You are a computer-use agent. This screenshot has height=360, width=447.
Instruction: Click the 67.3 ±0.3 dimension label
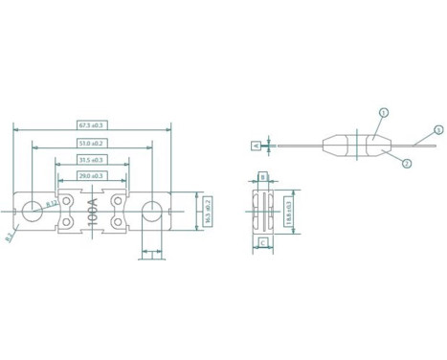tap(92, 125)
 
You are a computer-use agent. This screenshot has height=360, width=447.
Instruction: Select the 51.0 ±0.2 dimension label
tap(92, 143)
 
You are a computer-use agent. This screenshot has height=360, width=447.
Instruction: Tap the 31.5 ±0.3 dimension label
tap(92, 160)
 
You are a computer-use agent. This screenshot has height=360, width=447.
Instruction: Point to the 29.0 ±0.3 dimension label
tap(92, 177)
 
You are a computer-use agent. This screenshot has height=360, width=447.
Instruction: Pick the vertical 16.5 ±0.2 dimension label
tap(207, 211)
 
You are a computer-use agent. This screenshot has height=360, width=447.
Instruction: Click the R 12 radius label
tap(52, 203)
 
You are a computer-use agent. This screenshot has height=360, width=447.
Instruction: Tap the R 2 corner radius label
tap(10, 236)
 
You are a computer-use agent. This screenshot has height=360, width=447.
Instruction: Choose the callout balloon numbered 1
tap(384, 113)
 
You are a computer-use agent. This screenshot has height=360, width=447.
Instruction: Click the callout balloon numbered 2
tap(406, 164)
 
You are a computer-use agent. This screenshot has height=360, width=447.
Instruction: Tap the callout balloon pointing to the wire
tap(438, 129)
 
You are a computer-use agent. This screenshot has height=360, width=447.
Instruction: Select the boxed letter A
tap(256, 146)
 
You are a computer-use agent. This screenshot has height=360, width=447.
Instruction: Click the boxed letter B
tap(262, 177)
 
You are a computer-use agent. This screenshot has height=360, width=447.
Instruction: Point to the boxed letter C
tap(262, 243)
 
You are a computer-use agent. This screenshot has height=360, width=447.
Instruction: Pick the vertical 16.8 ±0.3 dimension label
tap(290, 211)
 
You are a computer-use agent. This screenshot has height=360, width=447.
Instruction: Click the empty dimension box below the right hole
tap(151, 254)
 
